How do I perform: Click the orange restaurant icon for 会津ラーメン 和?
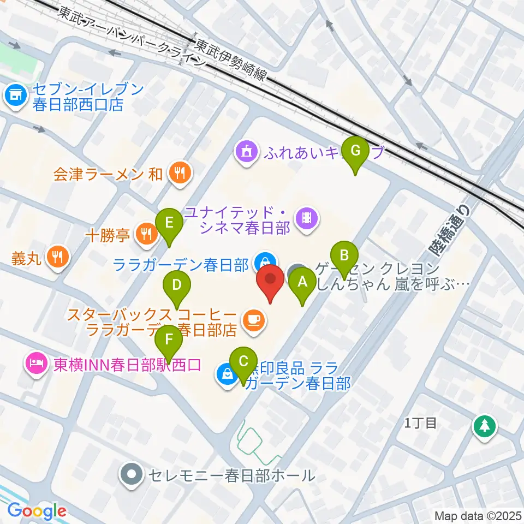click(x=179, y=174)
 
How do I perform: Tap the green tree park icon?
click(x=484, y=425)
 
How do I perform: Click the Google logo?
click(x=37, y=511)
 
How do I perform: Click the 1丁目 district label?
click(x=420, y=422)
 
